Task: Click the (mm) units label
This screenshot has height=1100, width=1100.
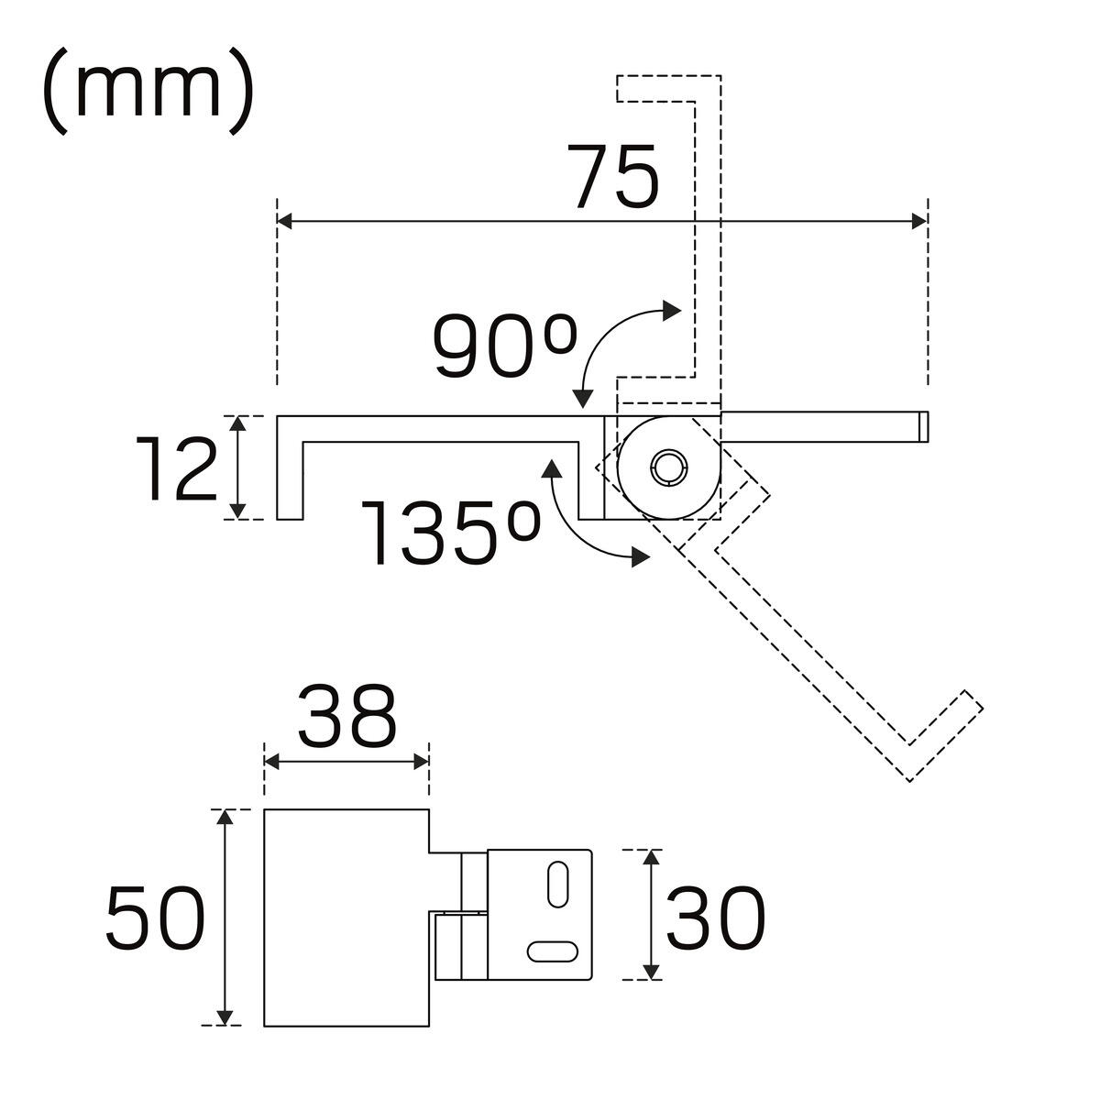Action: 147,92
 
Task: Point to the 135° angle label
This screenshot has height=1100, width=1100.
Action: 449,532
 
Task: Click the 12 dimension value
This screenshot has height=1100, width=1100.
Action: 178,469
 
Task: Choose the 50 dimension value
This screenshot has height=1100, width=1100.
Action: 153,918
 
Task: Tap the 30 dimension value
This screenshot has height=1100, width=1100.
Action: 715,918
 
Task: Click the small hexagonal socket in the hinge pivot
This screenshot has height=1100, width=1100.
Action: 666,467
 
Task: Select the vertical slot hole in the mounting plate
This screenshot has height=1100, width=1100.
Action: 555,884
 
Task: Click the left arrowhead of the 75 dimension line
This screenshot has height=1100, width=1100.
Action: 285,221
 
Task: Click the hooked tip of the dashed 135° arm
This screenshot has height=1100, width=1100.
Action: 944,733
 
